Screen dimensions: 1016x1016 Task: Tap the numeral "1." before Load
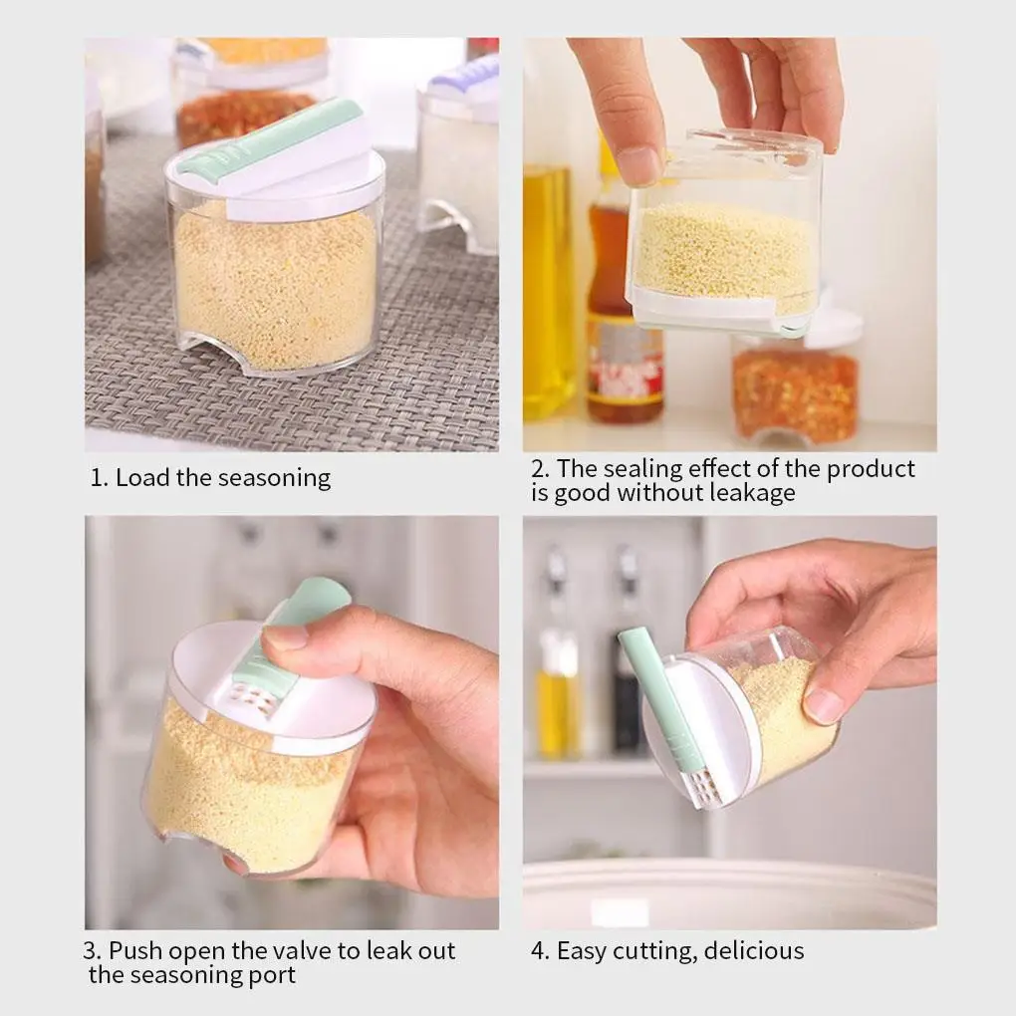[x=99, y=478]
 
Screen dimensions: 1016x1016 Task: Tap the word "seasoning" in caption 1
[x=275, y=479]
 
